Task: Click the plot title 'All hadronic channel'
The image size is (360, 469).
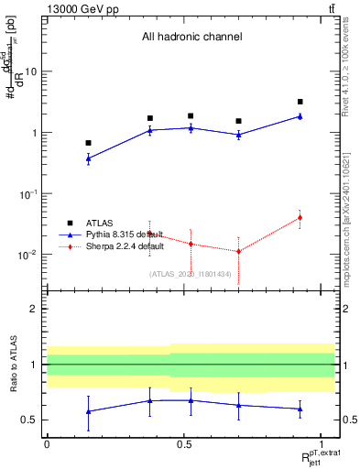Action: (191, 38)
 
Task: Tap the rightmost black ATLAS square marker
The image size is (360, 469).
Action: (300, 102)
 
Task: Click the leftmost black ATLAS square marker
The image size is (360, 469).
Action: (88, 143)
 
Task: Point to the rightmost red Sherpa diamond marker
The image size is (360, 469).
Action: (300, 218)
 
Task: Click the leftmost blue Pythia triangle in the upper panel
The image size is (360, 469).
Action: (88, 158)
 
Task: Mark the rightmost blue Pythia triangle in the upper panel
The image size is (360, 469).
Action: (300, 116)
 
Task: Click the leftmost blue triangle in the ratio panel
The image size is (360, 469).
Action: (88, 411)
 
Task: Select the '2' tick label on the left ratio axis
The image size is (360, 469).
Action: (36, 310)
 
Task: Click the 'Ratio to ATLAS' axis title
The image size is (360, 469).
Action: (13, 365)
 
